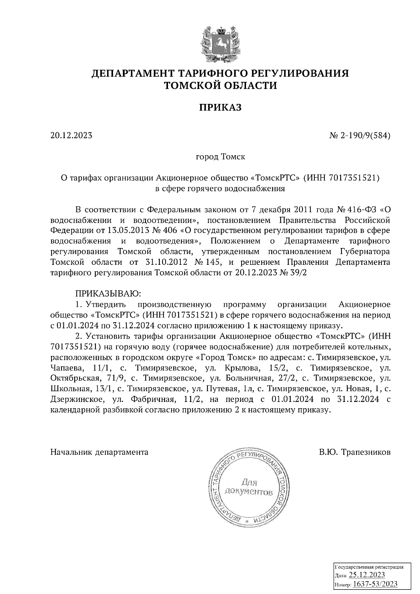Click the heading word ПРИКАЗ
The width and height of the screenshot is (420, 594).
(220, 107)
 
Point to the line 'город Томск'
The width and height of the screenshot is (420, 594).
(220, 157)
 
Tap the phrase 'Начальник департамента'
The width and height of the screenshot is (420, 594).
(99, 452)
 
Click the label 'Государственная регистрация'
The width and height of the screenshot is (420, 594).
(370, 567)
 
